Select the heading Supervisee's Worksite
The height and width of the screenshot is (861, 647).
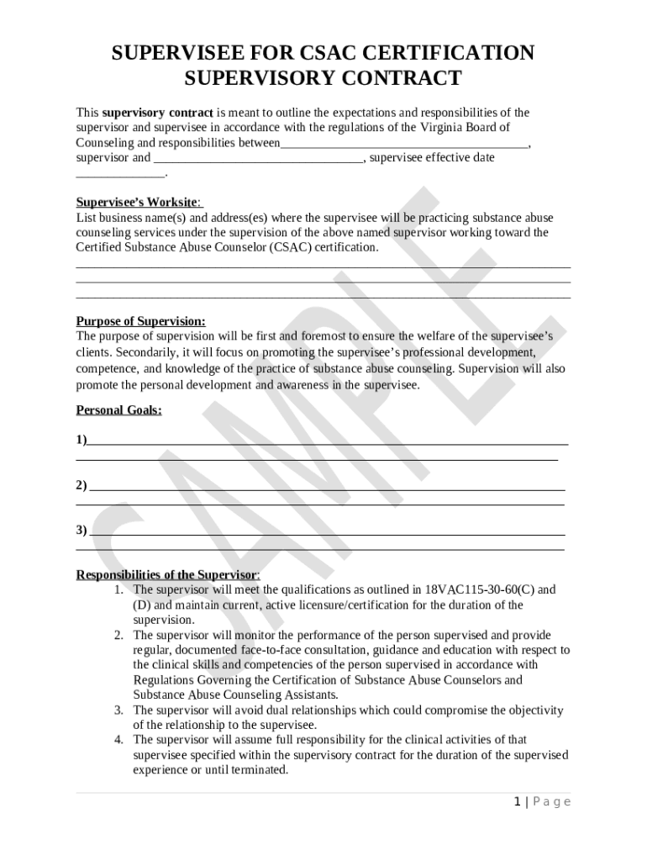coord(139,203)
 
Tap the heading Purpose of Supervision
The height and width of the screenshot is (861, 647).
coord(140,321)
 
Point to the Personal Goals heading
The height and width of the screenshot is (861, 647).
coord(118,410)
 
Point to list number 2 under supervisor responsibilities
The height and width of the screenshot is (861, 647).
coord(119,636)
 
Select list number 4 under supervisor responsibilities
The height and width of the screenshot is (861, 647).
coord(119,740)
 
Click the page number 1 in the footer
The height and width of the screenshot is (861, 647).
coord(518,802)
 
